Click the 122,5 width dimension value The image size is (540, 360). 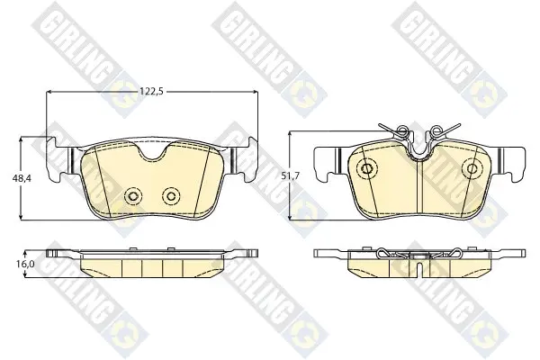coord(151,92)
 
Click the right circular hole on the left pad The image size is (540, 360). coord(171,196)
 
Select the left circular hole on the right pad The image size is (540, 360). coord(367,168)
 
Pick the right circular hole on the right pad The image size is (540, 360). coord(472,168)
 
